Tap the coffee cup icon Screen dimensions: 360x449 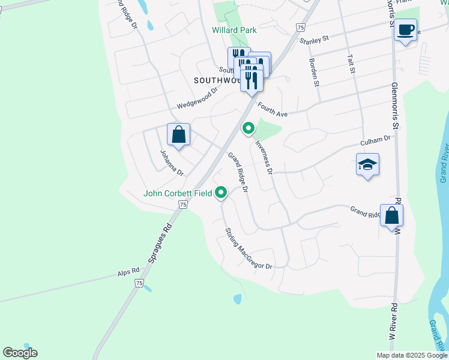point(406,29)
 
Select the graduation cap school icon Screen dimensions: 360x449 point(367,164)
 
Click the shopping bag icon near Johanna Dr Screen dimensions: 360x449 point(179,134)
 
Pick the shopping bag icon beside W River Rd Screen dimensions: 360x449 point(391,216)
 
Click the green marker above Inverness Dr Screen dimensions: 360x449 point(247,128)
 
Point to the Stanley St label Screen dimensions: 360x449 point(315,40)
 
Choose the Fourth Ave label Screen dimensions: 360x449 point(273,110)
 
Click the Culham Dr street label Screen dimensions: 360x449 point(375,142)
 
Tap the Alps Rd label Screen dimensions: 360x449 point(128,274)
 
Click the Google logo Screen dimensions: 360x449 point(20,353)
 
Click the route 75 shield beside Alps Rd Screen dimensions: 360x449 point(139,284)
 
